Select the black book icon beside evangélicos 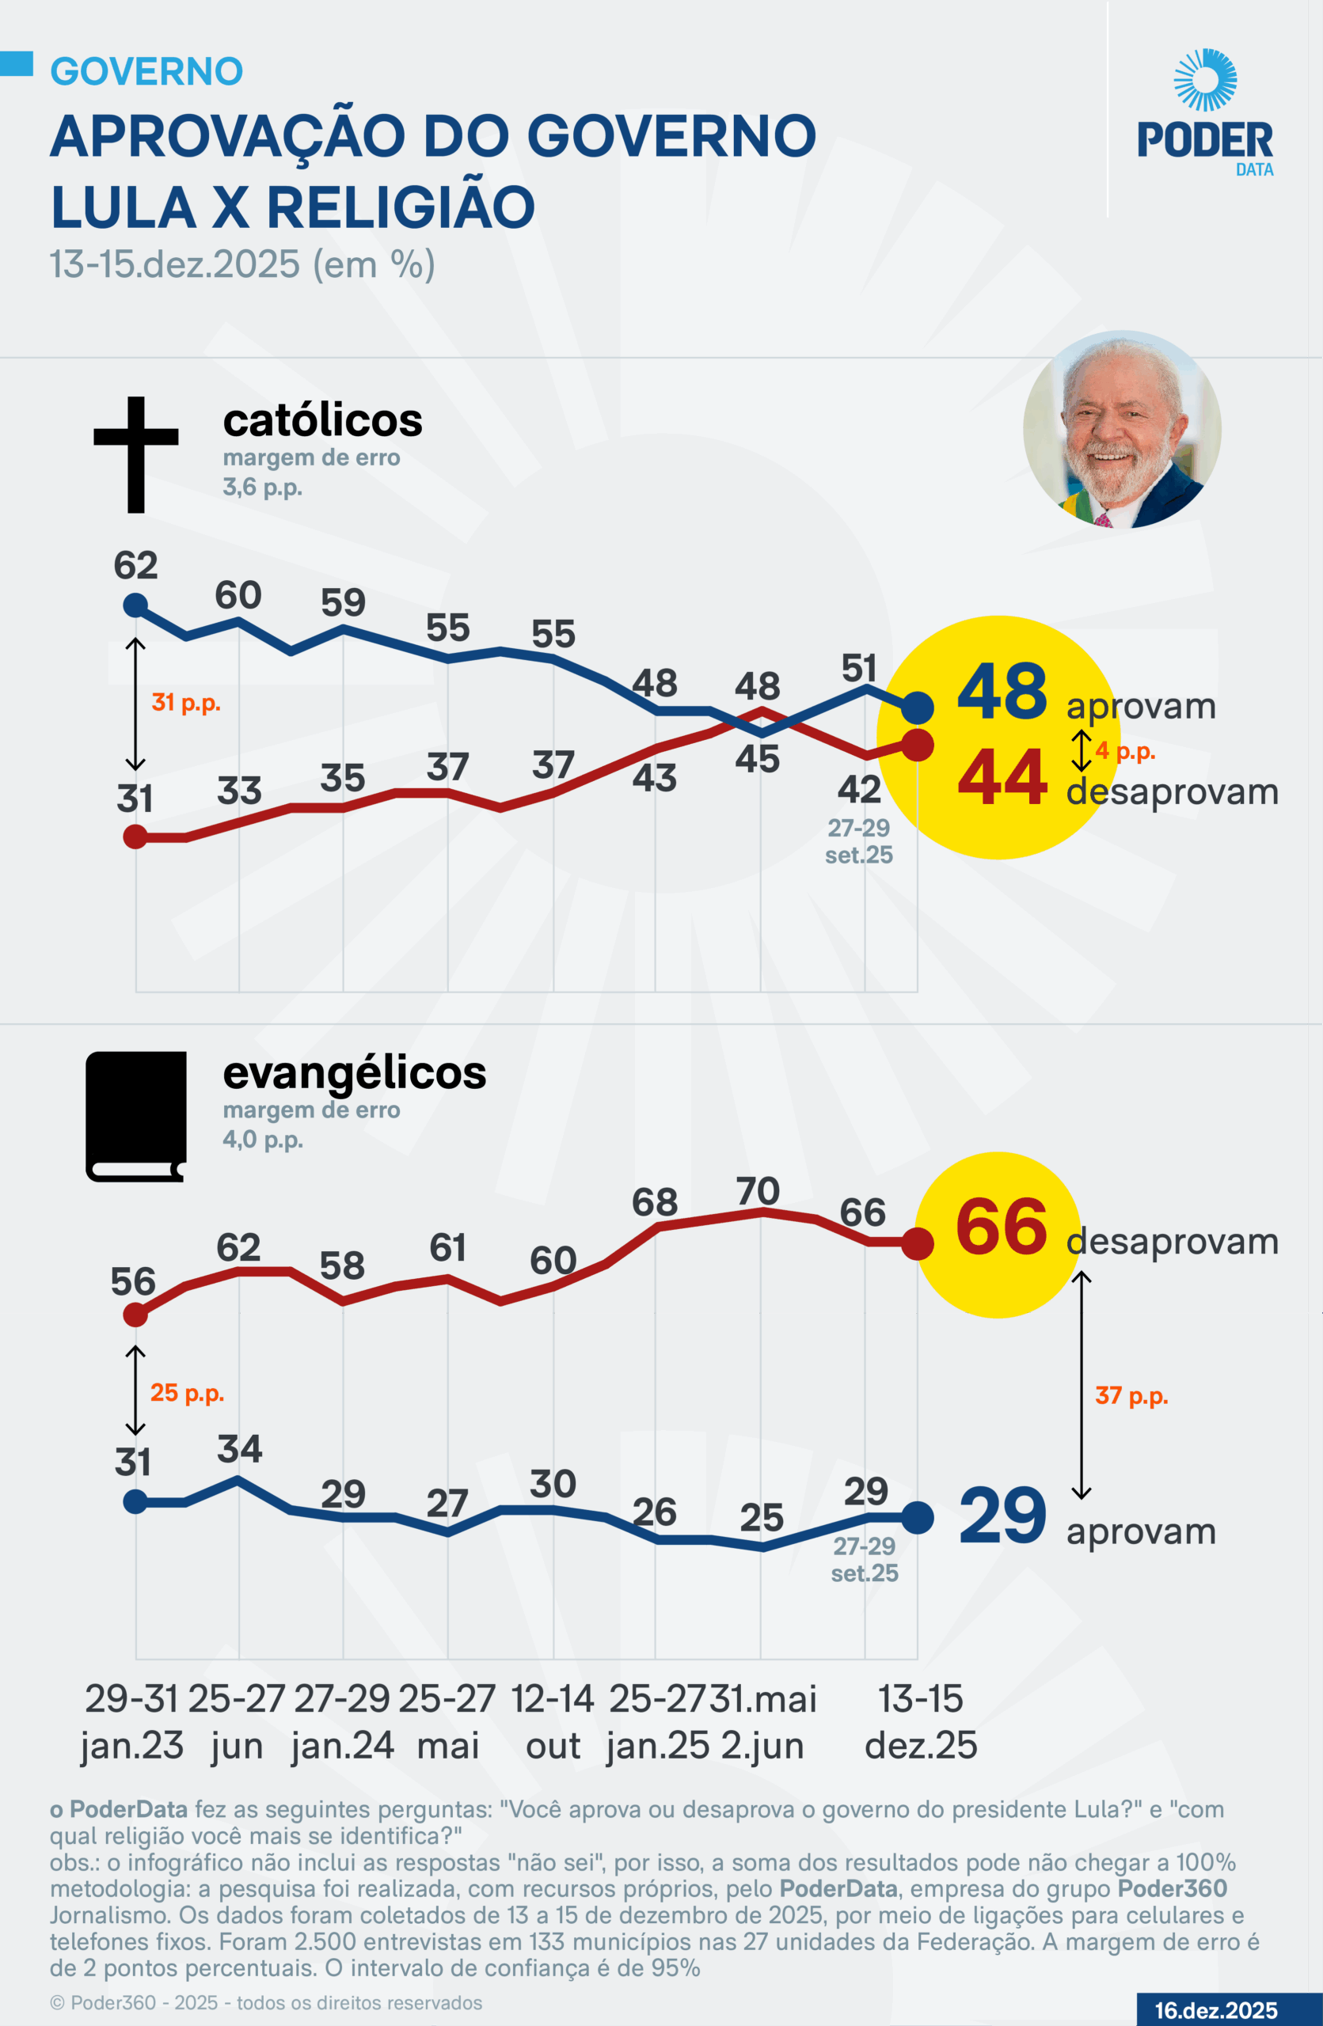point(136,1116)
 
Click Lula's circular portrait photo point(1121,429)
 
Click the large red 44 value point(1002,776)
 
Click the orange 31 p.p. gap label point(185,703)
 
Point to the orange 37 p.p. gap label point(1131,1396)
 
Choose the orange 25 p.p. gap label point(186,1394)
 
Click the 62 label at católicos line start point(135,566)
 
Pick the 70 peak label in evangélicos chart point(758,1191)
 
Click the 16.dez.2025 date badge point(1216,2010)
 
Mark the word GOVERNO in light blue point(146,71)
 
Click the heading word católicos point(323,420)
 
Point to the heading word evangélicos point(354,1073)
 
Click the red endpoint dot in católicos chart point(917,746)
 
